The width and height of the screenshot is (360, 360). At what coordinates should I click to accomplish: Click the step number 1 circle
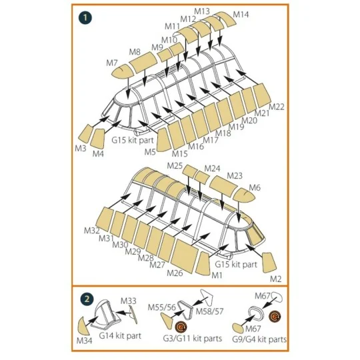(85, 18)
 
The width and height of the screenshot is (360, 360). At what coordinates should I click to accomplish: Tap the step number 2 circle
(87, 299)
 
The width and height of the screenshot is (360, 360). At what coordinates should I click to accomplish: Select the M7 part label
(112, 63)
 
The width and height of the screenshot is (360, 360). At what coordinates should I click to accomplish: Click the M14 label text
(241, 15)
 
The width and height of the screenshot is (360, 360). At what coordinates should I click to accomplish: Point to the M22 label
(277, 107)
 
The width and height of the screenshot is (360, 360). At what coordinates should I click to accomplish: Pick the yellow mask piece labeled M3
(85, 133)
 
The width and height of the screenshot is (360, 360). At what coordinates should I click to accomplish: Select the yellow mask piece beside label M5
(163, 140)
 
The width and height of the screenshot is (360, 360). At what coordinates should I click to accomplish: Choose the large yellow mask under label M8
(143, 62)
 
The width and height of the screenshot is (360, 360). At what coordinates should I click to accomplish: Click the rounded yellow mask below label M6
(244, 195)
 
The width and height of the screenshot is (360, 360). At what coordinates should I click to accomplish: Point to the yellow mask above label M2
(269, 263)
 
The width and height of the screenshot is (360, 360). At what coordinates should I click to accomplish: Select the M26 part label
(175, 273)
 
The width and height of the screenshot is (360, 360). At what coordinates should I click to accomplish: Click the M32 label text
(92, 230)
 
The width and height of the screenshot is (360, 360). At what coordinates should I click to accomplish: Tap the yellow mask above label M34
(84, 326)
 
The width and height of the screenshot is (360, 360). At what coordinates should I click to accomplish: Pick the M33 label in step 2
(129, 301)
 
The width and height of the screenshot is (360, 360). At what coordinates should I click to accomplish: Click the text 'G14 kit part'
(120, 335)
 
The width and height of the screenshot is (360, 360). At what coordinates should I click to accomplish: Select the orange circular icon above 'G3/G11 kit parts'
(181, 327)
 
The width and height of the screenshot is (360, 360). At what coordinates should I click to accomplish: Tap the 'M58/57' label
(209, 311)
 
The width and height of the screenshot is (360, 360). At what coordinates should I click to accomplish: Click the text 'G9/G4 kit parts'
(259, 339)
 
